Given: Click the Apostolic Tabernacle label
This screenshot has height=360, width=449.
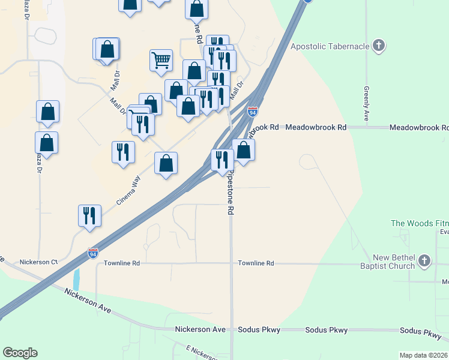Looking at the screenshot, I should tap(328, 46).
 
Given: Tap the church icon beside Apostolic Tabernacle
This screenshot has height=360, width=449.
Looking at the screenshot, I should tap(378, 46).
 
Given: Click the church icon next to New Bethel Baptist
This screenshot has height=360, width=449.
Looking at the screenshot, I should tap(424, 260).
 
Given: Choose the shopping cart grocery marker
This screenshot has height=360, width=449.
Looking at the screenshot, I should tap(161, 61).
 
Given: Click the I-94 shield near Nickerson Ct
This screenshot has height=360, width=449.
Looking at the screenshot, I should tap(92, 253).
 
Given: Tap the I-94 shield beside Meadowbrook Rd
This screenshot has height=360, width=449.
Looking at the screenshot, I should tap(253, 112).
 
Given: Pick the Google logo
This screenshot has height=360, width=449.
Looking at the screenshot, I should tap(20, 353).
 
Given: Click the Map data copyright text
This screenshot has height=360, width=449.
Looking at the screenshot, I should tap(424, 355).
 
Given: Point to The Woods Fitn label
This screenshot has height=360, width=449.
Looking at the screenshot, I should tap(420, 223).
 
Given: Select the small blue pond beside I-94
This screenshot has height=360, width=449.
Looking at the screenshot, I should tap(76, 279).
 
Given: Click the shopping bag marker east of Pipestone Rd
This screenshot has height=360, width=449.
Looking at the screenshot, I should tap(243, 150).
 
